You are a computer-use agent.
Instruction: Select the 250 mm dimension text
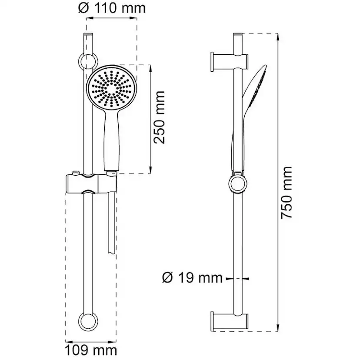(160, 118)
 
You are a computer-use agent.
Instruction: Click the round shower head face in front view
(112, 88)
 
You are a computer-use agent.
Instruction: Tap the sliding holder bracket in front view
(89, 184)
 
